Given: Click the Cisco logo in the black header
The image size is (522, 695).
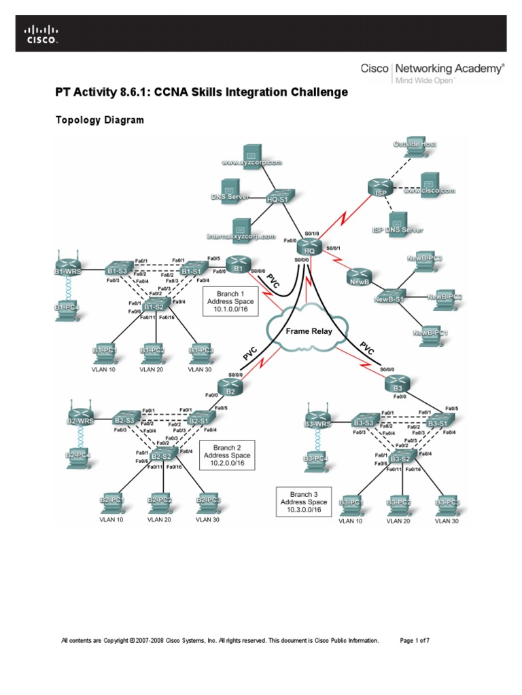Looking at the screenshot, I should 41,34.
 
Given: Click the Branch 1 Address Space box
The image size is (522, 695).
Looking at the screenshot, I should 225,301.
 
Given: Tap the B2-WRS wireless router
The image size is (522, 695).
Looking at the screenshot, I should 80,418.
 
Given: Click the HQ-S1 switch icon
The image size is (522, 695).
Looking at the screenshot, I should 278,197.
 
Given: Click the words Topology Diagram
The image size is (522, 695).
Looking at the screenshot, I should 99,120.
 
